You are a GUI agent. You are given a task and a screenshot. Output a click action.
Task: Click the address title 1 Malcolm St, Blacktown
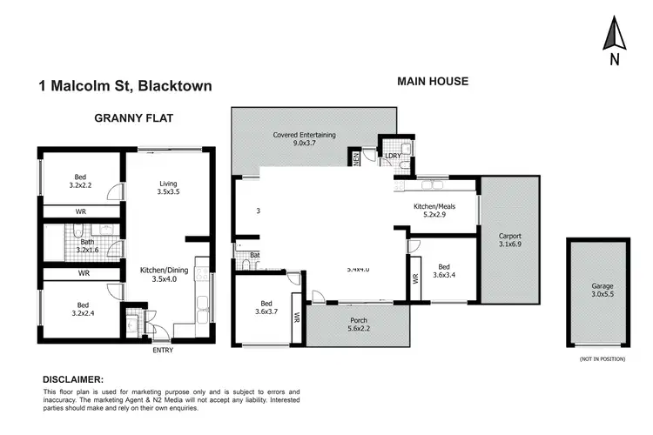[x=125, y=86]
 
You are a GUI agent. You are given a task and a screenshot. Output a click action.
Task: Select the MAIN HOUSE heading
[x=433, y=82]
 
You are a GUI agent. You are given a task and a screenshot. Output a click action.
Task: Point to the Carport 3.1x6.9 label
[x=510, y=241]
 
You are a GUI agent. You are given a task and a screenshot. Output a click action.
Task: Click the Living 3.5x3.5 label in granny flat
[x=168, y=189]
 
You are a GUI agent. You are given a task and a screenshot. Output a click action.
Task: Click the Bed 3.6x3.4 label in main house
[x=444, y=272]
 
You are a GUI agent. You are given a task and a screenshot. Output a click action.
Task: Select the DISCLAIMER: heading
[x=73, y=380]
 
